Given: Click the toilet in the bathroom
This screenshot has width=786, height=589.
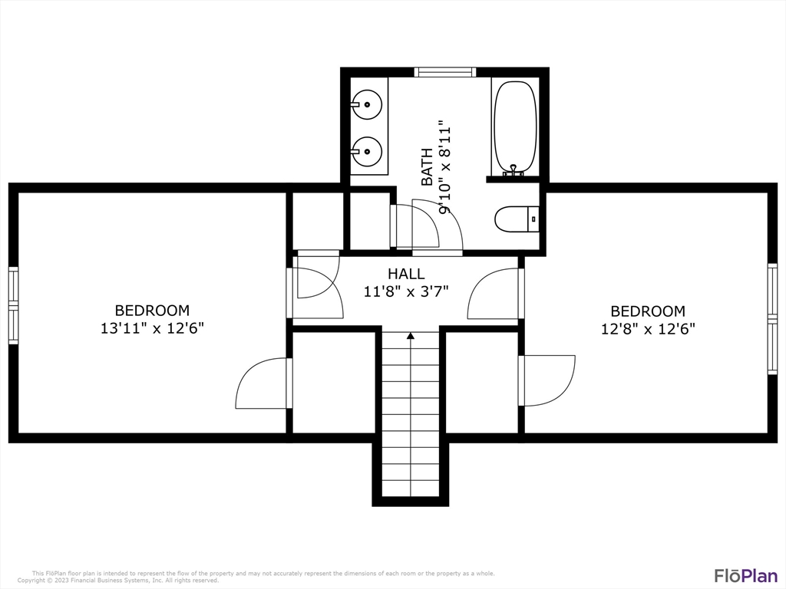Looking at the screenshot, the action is [517, 219].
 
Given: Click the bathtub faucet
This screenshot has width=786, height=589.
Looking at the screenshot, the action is [513, 170].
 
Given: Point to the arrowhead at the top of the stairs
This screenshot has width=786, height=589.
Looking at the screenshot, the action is [411, 336].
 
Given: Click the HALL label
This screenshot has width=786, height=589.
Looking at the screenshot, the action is [406, 274].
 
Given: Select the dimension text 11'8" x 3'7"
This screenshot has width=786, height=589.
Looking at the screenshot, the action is [406, 291].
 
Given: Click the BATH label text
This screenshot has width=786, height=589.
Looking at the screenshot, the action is [427, 166].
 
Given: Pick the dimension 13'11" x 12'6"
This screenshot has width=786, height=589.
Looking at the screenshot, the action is [153, 328].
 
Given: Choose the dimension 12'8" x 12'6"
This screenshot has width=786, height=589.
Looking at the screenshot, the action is [648, 329].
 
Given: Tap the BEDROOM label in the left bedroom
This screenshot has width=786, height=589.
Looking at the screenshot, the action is [153, 311].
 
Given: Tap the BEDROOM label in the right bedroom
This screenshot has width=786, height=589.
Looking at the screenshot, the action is [648, 311].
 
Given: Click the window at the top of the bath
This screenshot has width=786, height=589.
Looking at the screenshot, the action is [445, 72].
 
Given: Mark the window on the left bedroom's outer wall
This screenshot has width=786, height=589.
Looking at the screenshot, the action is [14, 305].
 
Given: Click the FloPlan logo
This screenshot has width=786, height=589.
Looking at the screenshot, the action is [746, 575].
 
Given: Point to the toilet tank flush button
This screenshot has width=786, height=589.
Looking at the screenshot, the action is [533, 219].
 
